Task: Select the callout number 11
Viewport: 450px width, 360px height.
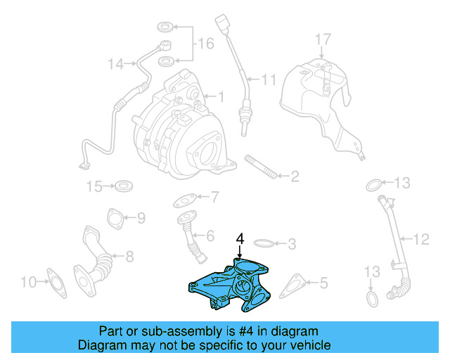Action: [x=269, y=80]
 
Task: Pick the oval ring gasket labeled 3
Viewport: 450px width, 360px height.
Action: [x=263, y=244]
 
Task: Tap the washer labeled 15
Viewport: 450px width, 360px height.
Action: [x=124, y=186]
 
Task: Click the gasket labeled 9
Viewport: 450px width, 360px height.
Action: [x=114, y=217]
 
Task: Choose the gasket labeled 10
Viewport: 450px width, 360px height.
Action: [x=55, y=282]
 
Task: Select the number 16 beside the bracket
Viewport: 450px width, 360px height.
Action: [x=205, y=44]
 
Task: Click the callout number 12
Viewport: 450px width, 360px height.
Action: [x=420, y=240]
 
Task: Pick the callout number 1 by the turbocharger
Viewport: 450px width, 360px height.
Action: [x=220, y=97]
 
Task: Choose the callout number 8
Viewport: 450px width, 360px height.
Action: [x=129, y=258]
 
